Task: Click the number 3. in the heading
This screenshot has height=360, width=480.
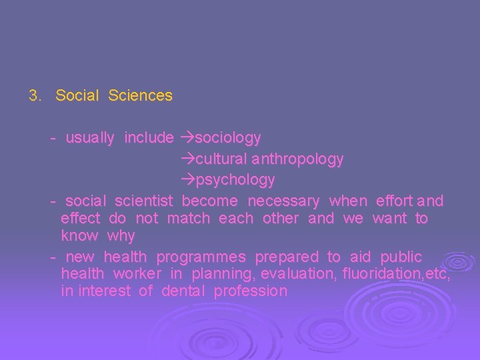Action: pos(35,95)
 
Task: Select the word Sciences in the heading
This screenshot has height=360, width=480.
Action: pos(140,95)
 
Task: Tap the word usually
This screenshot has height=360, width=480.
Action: pos(90,138)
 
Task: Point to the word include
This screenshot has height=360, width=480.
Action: pos(149,138)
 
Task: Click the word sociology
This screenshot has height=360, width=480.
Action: pos(227,138)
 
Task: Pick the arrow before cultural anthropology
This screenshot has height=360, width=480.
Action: pos(187,159)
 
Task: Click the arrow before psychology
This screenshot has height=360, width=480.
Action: pos(187,180)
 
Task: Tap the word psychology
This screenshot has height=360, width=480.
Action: pos(235,180)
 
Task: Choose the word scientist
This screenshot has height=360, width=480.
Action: pos(143,201)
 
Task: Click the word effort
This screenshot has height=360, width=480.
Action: pos(395,201)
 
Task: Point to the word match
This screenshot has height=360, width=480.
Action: pos(188,218)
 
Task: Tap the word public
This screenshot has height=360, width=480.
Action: pos(401,257)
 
